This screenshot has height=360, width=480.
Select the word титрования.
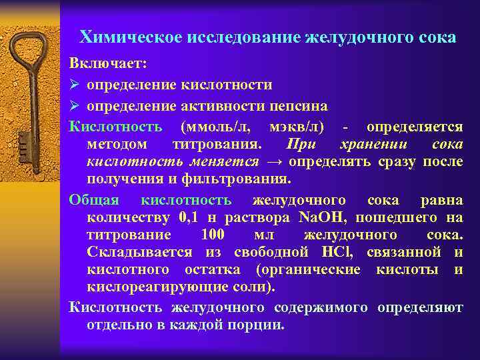217,144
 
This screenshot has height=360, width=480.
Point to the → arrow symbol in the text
274,162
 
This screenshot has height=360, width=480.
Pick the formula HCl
333,253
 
